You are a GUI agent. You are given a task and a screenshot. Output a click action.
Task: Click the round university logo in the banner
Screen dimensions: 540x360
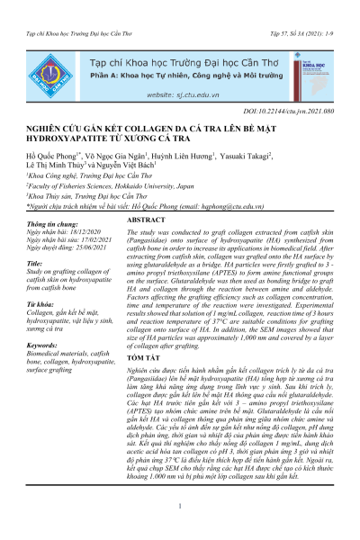[40, 57]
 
